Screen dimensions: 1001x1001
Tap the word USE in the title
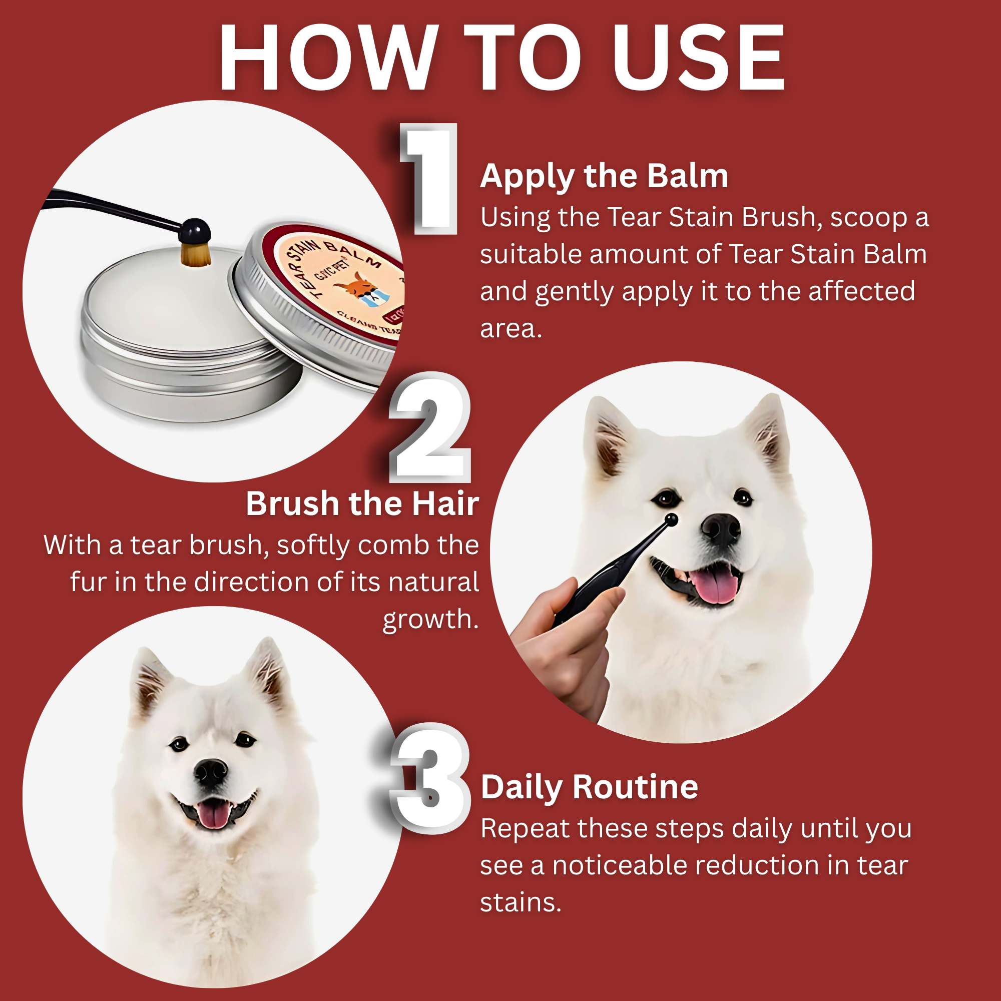(x=699, y=58)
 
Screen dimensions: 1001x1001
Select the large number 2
(x=430, y=428)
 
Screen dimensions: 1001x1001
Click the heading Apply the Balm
(x=604, y=176)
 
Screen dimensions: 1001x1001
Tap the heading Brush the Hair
(x=362, y=504)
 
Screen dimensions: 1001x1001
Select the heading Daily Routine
(x=589, y=787)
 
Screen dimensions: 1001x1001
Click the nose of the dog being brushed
(x=721, y=529)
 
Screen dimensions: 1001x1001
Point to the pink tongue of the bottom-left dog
(x=213, y=814)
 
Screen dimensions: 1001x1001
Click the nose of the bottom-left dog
(x=210, y=772)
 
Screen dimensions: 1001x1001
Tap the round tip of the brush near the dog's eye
(x=671, y=519)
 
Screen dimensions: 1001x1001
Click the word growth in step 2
(x=430, y=619)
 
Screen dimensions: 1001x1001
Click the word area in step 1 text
(x=511, y=328)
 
